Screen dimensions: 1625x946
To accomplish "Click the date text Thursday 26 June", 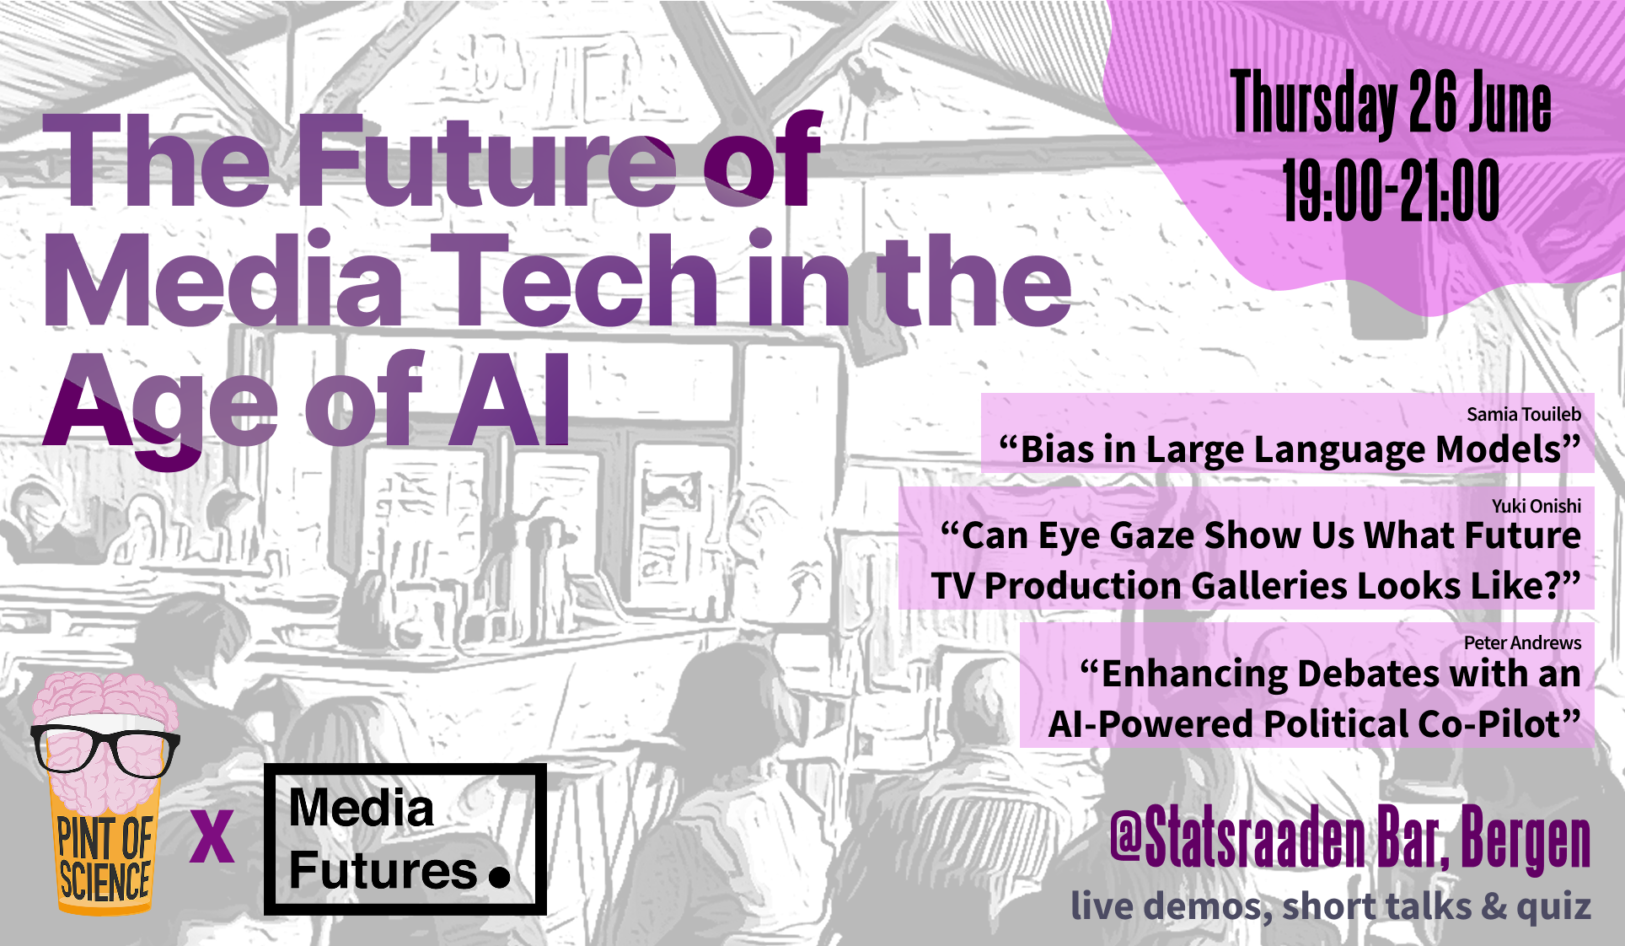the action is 1391,104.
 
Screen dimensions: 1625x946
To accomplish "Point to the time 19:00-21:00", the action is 1392,191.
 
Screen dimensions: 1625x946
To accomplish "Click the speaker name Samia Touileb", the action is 1524,414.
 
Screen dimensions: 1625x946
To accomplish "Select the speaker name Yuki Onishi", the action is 1537,506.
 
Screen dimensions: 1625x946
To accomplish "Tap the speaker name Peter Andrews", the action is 1522,642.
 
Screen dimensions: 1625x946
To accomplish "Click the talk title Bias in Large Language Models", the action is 1290,449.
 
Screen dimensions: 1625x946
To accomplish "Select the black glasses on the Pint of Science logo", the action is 105,749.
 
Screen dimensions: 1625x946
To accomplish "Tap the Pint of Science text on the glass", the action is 105,860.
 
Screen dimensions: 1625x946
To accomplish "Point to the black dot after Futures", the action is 500,877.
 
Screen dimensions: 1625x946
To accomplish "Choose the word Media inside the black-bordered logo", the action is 361,808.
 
